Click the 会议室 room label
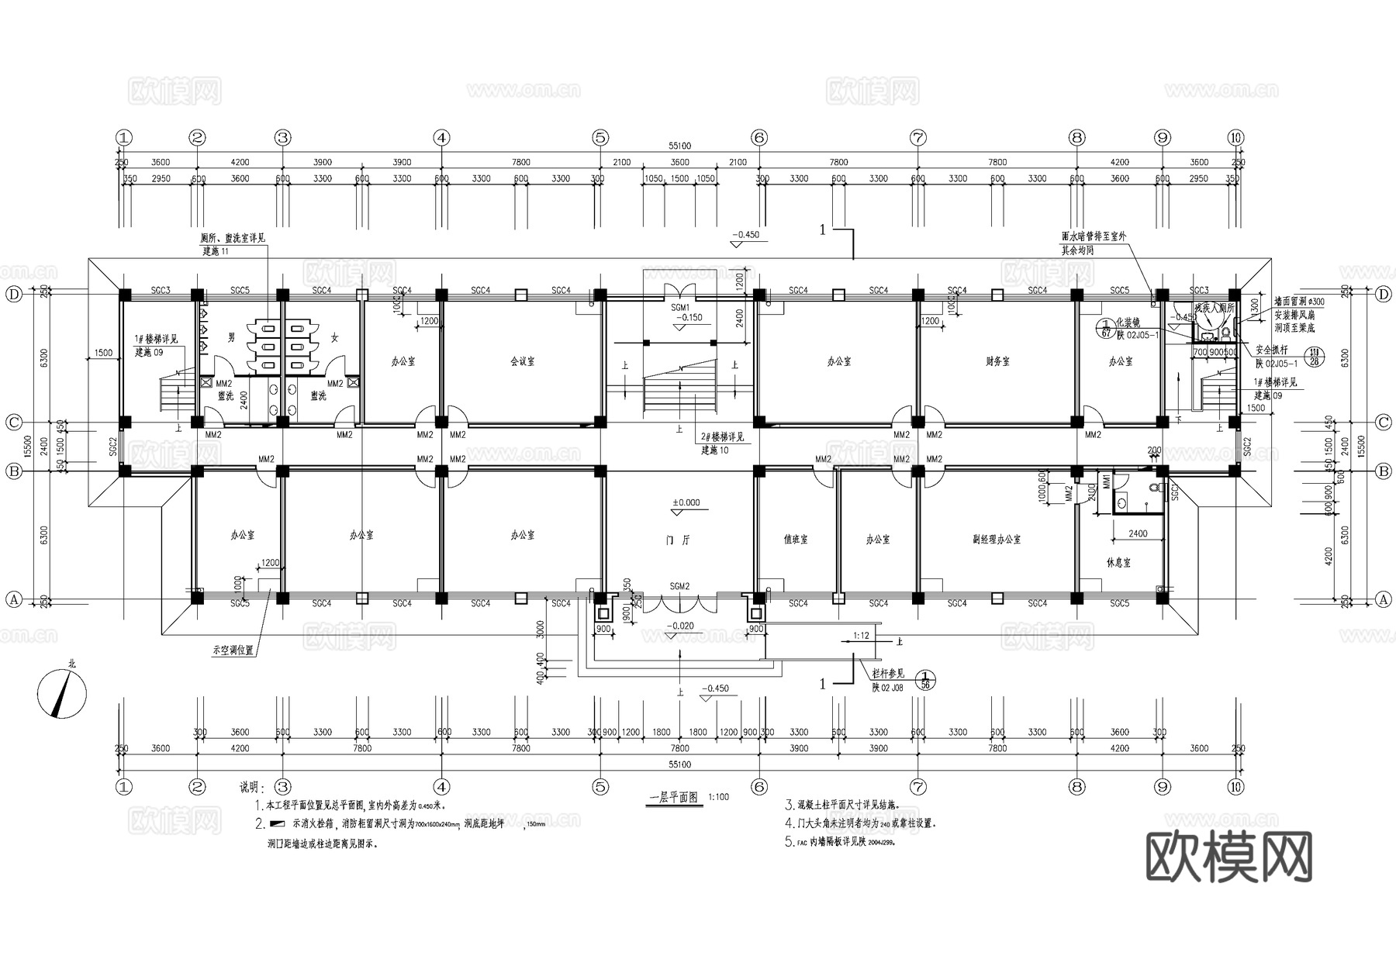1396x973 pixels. click(x=522, y=361)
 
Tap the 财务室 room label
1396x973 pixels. click(x=997, y=361)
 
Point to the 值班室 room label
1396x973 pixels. click(x=796, y=539)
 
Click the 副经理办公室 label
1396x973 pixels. click(x=997, y=539)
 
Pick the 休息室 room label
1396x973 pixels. click(x=1119, y=563)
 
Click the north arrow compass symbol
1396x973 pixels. click(x=62, y=692)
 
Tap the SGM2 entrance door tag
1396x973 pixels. click(x=679, y=587)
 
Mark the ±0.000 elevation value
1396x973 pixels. click(x=686, y=502)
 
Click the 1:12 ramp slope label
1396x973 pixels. click(x=861, y=636)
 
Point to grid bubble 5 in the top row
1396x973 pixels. click(x=600, y=138)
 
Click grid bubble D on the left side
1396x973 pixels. click(x=13, y=295)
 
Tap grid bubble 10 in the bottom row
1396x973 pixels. click(x=1235, y=787)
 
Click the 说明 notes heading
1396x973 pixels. click(x=252, y=788)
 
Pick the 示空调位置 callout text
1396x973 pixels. click(x=233, y=650)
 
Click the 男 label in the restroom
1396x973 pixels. click(x=230, y=338)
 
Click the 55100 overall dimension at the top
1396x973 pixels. click(x=679, y=146)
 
